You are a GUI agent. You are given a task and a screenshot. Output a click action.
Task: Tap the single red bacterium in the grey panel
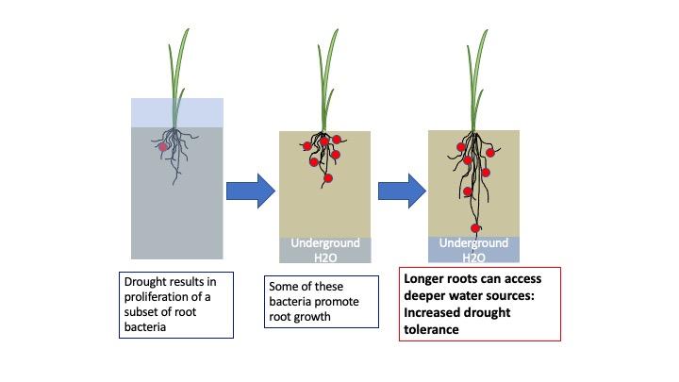coord(163,148)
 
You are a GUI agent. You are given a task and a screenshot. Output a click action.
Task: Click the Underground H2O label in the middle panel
coord(325,250)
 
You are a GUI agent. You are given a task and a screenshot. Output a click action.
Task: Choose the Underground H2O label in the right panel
coord(474,249)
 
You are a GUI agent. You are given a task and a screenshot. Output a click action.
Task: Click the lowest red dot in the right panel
coord(477,227)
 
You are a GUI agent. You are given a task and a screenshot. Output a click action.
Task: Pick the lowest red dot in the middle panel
coord(328,177)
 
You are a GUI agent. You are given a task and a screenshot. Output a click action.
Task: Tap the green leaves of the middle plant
coord(327,75)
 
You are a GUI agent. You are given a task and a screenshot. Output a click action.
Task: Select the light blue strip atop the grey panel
coord(177,112)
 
